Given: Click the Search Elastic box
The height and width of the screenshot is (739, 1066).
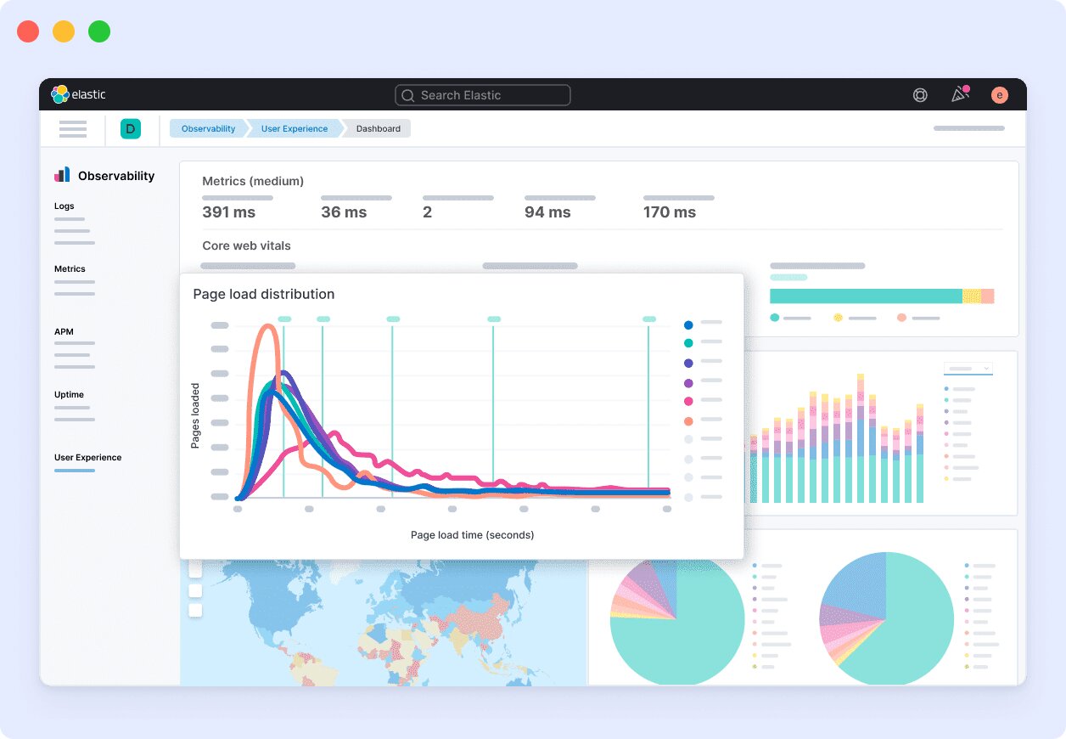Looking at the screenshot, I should click(482, 95).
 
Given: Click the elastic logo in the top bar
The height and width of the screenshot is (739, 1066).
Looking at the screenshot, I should click(78, 94).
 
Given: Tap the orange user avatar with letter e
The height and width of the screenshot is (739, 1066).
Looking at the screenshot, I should click(999, 95).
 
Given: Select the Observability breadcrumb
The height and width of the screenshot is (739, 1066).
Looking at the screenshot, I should click(208, 128).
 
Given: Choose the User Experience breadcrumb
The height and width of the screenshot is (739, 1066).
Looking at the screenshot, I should click(294, 128).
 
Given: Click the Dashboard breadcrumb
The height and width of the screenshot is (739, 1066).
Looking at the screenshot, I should click(378, 128).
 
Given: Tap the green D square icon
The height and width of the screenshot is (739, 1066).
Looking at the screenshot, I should click(131, 128).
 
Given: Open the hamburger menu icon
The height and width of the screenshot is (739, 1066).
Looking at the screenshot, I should click(73, 129).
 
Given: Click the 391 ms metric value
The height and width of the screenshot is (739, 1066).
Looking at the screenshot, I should click(229, 212).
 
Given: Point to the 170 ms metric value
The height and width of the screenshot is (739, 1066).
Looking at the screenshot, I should click(670, 212).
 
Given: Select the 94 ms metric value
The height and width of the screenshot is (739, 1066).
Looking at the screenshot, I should click(547, 212).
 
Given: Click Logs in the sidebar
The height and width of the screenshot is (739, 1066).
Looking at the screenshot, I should click(65, 206).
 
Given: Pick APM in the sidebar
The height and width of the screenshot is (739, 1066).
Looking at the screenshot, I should click(65, 331).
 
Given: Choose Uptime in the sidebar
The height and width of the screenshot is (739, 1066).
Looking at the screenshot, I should click(69, 394).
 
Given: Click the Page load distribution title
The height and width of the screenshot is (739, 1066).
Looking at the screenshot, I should click(264, 294).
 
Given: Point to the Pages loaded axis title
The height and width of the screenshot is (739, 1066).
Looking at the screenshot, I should click(195, 416).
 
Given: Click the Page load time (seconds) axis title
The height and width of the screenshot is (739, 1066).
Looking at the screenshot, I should click(472, 535).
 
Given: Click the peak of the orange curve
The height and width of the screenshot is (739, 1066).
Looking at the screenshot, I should click(269, 327).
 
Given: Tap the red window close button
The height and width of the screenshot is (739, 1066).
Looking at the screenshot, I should click(28, 31).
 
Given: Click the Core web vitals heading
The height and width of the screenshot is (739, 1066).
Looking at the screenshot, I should click(246, 245).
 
